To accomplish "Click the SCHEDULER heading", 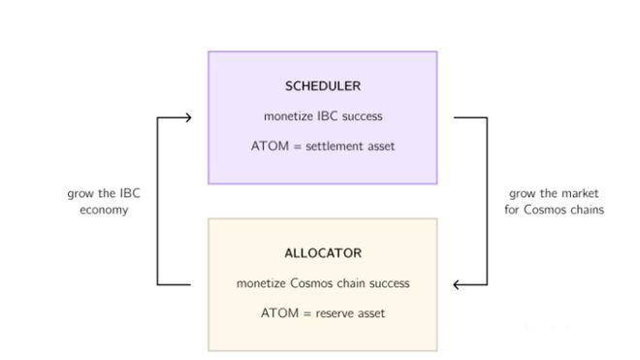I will click(x=323, y=86).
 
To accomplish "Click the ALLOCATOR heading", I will click(x=323, y=253).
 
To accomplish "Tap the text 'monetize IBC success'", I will click(x=323, y=116).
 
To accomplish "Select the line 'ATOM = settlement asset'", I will click(x=323, y=147).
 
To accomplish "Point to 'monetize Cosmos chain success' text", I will click(x=323, y=283).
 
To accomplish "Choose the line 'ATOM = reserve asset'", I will click(x=323, y=313).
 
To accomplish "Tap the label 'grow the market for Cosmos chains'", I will click(x=554, y=201).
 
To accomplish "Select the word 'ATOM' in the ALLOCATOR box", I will click(x=277, y=313).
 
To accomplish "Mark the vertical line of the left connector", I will click(x=157, y=201).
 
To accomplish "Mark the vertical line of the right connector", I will click(x=487, y=201).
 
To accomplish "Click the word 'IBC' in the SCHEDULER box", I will click(x=325, y=116).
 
